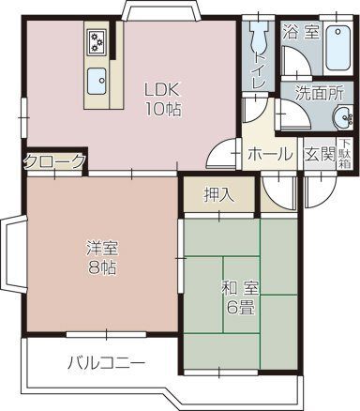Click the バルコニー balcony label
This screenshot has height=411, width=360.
[105, 362]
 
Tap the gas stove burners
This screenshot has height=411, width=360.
[97, 42]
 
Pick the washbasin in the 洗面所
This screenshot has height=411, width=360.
[340, 117]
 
